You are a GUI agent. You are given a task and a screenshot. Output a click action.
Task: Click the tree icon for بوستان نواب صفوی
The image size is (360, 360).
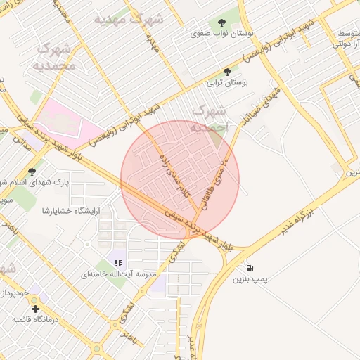(223, 22)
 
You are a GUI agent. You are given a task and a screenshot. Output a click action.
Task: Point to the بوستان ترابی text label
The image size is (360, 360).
(226, 82)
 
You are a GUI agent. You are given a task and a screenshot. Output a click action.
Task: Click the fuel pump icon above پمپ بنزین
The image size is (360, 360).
(250, 268)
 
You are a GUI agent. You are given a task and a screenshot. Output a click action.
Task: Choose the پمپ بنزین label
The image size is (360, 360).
(251, 279)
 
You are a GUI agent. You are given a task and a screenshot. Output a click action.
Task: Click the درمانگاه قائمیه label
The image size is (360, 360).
(35, 320)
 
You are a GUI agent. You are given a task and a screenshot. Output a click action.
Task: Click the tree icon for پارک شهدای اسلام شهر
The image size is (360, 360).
(32, 172)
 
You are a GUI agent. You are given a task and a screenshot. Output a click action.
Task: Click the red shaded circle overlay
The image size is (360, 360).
(180, 179)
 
